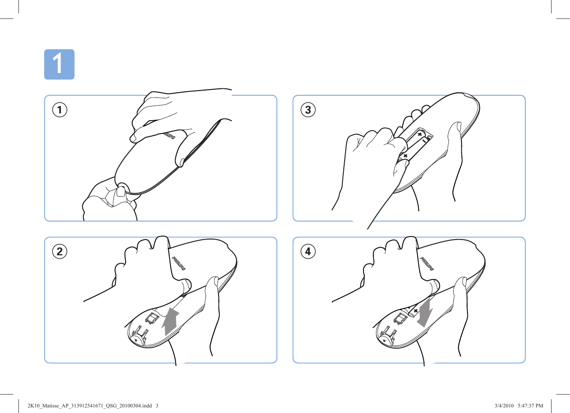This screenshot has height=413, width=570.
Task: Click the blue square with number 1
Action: point(59,64)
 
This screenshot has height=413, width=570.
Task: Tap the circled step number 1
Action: point(60,110)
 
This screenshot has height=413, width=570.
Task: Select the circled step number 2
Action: point(60,252)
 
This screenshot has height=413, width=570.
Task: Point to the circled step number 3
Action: point(308,110)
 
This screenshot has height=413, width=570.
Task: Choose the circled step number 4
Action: point(308,252)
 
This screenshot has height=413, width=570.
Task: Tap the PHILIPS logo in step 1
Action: point(169,136)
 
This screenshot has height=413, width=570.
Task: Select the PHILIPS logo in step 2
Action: point(179,264)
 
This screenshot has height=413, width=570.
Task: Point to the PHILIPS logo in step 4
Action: point(427,264)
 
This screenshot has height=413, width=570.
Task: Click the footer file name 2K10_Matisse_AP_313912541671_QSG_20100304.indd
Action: point(89,406)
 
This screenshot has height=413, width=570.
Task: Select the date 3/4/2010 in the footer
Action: point(504,406)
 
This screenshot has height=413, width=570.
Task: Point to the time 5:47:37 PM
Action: point(531,406)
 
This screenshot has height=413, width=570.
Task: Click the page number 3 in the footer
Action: point(157,406)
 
